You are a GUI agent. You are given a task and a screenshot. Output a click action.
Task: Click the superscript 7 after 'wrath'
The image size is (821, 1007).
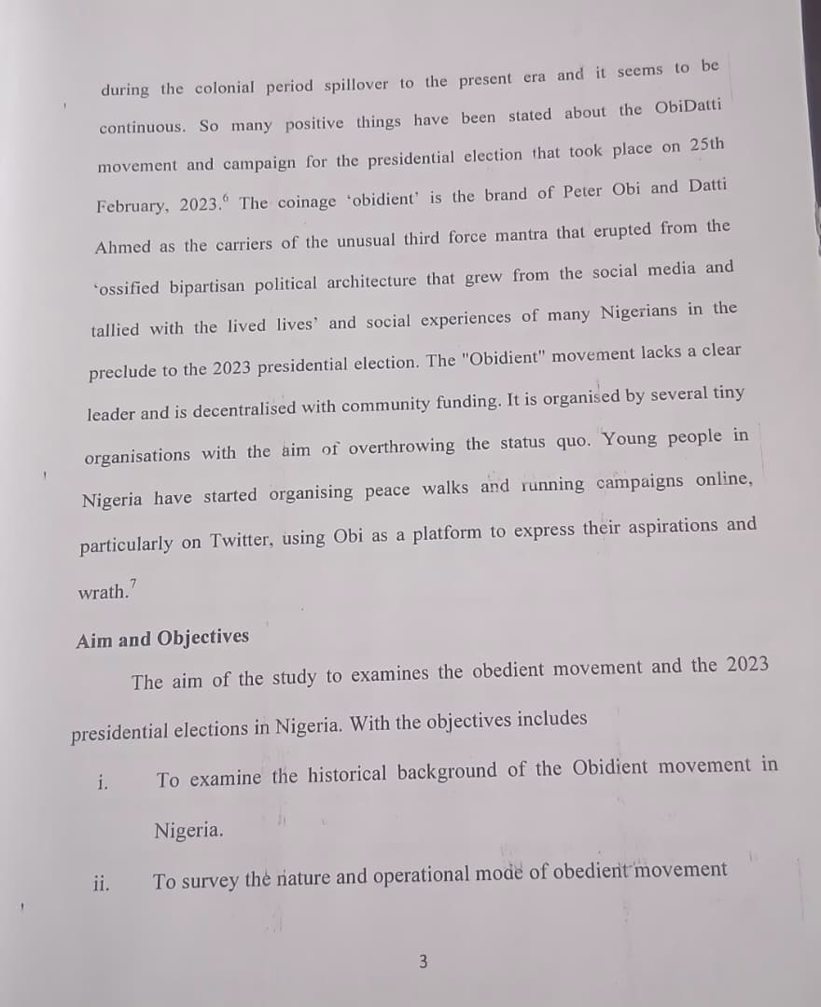click(133, 584)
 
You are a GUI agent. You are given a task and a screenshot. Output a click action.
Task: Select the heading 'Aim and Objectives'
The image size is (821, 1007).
click(162, 639)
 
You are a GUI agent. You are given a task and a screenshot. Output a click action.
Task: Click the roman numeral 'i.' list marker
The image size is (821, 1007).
click(102, 781)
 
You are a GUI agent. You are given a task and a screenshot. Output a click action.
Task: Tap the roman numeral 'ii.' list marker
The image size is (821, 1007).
click(101, 882)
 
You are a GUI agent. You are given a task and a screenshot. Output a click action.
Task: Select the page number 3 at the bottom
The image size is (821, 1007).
click(423, 960)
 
